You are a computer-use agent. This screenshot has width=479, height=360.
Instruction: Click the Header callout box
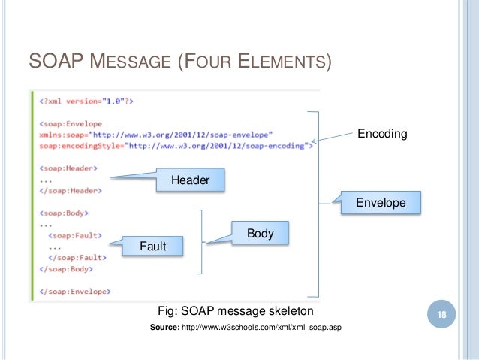pos(190,180)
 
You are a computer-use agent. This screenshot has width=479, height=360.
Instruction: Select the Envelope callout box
pos(380,203)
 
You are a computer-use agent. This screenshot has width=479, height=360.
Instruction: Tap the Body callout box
pos(260,234)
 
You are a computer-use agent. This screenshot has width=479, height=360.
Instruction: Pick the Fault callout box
pos(152,246)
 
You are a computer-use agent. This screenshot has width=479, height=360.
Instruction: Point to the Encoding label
pos(381,134)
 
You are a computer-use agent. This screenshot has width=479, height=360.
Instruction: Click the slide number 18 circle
pos(442,315)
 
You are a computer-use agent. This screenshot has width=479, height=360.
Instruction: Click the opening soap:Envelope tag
pos(71,123)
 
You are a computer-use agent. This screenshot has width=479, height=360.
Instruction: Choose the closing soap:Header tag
pos(71,191)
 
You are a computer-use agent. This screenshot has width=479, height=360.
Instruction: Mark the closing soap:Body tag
pos(68,268)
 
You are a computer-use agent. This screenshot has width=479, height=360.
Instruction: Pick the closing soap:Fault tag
pos(77,257)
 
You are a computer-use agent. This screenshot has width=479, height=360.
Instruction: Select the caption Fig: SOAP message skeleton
pos(235,310)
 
